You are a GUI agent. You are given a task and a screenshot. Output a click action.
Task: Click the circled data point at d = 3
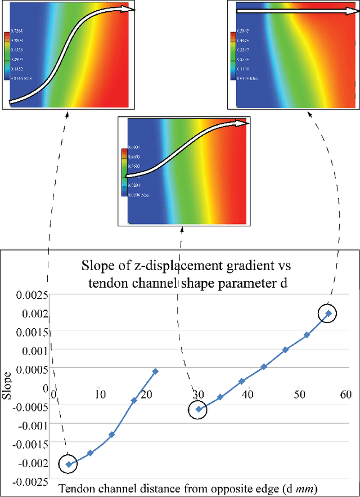point(69,464)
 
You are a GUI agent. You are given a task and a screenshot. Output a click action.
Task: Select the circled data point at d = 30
point(199,409)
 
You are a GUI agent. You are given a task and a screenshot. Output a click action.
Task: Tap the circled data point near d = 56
point(329,313)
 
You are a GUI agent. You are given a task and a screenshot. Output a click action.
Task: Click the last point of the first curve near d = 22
point(155,371)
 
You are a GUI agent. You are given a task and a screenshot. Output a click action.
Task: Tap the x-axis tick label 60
point(346,393)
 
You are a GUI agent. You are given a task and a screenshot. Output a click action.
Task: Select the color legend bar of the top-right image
point(232,53)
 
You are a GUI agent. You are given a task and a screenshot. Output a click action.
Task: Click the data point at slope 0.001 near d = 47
point(286,350)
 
